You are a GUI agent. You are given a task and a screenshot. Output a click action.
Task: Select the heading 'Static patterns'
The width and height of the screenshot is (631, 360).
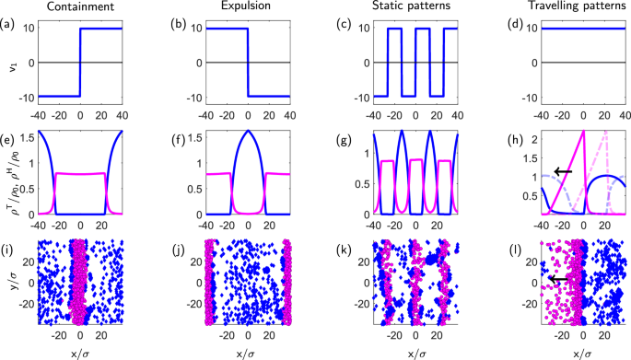coord(407,7)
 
